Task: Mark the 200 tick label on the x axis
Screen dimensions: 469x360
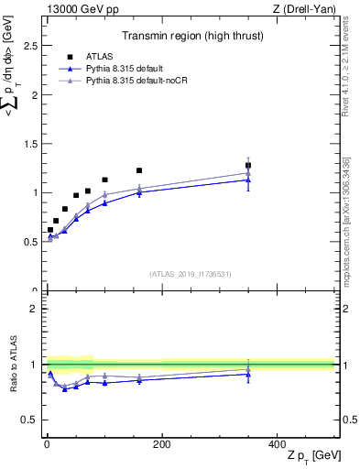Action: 161,444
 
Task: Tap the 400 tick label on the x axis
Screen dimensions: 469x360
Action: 277,444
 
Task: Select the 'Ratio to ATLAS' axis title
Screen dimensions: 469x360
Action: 13,364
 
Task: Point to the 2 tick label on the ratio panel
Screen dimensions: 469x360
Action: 35,309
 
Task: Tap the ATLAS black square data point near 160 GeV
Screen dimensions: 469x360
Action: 139,170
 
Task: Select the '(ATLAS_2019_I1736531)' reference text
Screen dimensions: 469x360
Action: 191,274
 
